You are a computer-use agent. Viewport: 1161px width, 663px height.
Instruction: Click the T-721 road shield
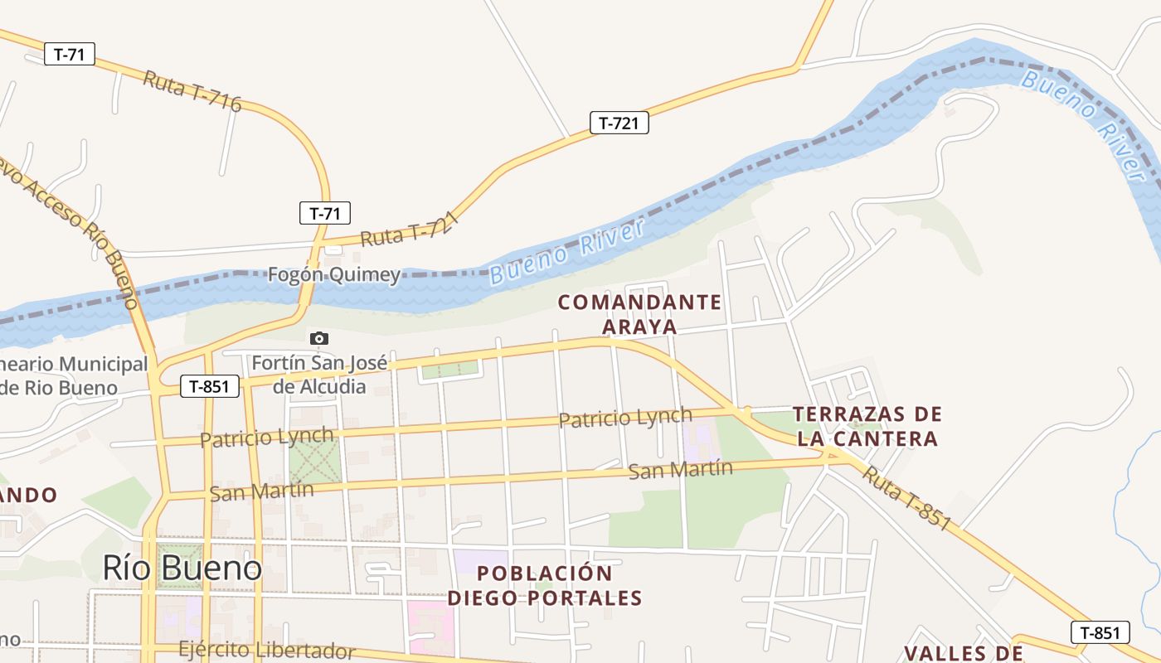[x=619, y=123]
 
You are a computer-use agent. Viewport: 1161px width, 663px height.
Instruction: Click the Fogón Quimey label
[x=333, y=275]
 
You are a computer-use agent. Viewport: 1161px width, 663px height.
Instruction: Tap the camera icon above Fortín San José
[x=318, y=338]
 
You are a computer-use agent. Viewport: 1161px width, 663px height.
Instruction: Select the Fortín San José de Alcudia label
[x=319, y=375]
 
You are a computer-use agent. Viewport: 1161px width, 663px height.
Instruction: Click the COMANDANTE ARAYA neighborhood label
[x=639, y=314]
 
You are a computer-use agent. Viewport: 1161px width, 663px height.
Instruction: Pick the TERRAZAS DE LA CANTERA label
[x=867, y=426]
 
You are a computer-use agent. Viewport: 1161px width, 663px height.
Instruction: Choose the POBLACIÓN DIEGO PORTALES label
[x=545, y=585]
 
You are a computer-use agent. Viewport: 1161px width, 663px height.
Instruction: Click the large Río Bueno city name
[x=182, y=568]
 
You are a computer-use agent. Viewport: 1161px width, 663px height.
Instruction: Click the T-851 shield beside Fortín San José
[x=210, y=385]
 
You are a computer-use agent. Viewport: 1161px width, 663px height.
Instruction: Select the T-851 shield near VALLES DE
[x=1100, y=632]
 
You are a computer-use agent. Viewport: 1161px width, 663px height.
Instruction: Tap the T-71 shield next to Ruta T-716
[x=70, y=55]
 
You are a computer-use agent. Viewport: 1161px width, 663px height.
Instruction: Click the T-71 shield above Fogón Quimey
[x=325, y=213]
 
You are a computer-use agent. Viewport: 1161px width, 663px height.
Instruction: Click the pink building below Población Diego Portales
[x=430, y=627]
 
